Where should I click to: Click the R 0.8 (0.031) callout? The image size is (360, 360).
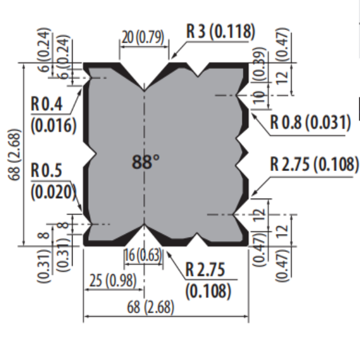pyautogui.click(x=310, y=123)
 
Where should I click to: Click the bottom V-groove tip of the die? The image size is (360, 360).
pyautogui.click(x=143, y=227)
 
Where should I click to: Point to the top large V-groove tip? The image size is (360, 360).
pyautogui.click(x=143, y=89)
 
